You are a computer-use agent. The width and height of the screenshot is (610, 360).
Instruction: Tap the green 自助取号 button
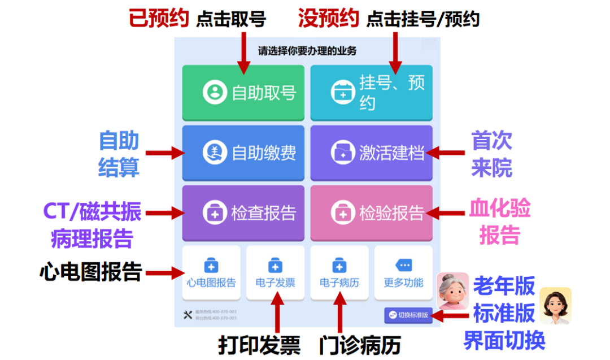click(x=243, y=92)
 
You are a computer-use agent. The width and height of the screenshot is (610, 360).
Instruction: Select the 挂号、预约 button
click(x=371, y=92)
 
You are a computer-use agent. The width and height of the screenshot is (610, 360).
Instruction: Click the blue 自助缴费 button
click(x=243, y=153)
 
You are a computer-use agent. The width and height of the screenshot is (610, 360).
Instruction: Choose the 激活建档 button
click(x=371, y=153)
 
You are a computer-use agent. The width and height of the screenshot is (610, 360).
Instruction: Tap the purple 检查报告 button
click(x=243, y=213)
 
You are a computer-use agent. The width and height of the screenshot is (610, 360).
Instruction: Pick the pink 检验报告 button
click(x=371, y=213)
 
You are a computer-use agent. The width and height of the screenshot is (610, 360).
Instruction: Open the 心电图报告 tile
click(x=211, y=273)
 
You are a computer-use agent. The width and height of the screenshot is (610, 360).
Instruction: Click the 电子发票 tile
click(x=275, y=273)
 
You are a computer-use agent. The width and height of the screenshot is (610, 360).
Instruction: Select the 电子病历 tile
click(x=339, y=273)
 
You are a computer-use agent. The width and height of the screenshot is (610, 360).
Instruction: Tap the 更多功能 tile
click(x=403, y=273)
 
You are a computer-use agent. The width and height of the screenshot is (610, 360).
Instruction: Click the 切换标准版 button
click(x=408, y=315)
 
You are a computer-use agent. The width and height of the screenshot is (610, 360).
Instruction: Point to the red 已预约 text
click(x=158, y=19)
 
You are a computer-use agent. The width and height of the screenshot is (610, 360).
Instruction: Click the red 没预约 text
click(x=328, y=19)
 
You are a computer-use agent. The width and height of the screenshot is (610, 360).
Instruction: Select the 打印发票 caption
click(x=259, y=346)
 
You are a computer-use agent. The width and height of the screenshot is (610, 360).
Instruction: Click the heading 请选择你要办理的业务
click(x=307, y=51)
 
